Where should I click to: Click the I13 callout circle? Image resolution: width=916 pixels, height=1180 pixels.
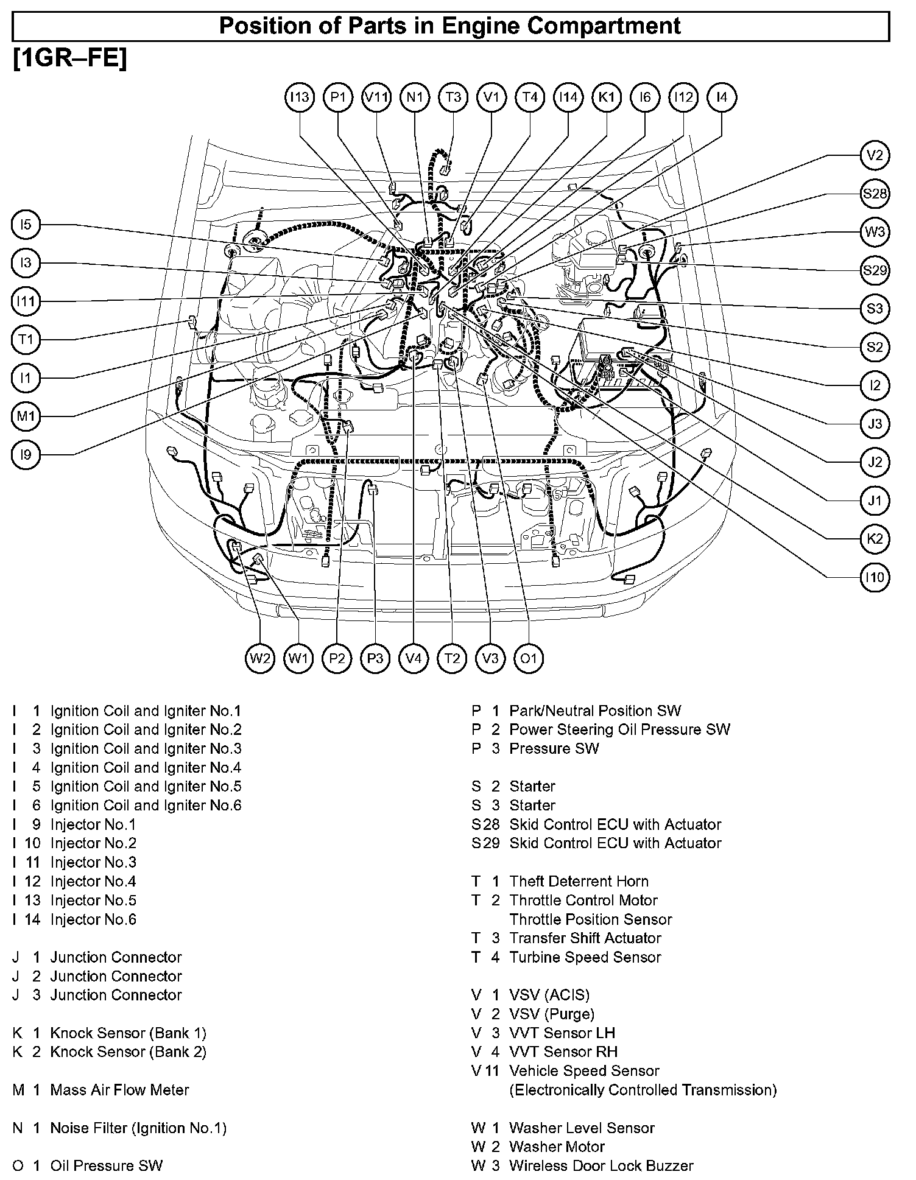[x=300, y=97]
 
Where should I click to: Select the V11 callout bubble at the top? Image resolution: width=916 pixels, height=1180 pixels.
[x=376, y=97]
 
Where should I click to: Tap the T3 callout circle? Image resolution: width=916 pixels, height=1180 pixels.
[x=453, y=97]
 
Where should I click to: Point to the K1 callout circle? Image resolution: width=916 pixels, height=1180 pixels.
[x=607, y=97]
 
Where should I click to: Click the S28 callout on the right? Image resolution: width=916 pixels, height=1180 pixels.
[x=875, y=194]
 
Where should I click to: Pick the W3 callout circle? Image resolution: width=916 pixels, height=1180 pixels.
[x=875, y=232]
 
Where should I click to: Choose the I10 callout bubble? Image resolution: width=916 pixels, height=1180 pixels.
[x=875, y=577]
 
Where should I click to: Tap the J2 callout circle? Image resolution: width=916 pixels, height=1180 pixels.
[x=875, y=462]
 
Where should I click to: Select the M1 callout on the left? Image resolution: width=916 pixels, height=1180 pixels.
[x=26, y=416]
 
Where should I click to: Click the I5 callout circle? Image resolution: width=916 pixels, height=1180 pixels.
[x=26, y=225]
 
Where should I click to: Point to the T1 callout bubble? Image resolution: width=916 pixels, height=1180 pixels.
[x=26, y=340]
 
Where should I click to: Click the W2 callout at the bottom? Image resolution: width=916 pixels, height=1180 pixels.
[x=261, y=658]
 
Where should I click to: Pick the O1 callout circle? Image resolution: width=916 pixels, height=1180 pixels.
[x=529, y=658]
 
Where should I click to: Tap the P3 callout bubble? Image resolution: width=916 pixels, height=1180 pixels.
[x=375, y=658]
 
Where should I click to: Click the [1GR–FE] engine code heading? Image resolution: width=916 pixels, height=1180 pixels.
[x=69, y=59]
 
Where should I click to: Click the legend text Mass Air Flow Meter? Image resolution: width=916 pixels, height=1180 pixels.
[x=119, y=1090]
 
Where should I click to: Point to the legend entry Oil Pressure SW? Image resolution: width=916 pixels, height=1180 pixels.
[x=107, y=1165]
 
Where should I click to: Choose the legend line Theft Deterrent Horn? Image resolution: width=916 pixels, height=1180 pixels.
[x=579, y=881]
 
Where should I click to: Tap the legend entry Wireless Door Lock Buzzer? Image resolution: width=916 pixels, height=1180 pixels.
[x=601, y=1165]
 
